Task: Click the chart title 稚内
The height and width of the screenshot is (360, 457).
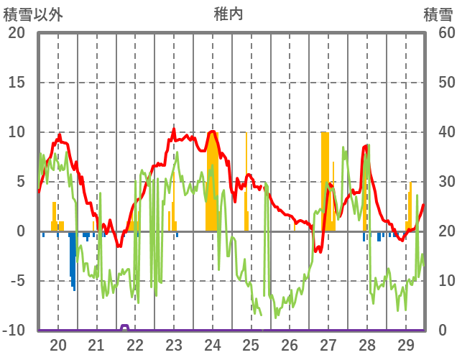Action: point(228,14)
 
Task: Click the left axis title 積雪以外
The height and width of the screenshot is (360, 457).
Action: point(32,14)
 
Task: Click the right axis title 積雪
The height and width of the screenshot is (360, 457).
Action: point(437,14)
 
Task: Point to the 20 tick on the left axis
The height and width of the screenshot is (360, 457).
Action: point(17,33)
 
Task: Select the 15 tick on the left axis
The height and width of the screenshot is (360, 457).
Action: point(17,83)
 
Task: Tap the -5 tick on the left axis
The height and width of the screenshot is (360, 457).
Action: point(17,281)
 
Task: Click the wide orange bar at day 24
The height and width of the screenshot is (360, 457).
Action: point(212,187)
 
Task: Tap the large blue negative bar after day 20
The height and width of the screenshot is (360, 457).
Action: point(73,259)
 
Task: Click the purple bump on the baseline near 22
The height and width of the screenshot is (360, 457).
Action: point(125,328)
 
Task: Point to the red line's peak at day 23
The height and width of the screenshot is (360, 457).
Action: point(174,130)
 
